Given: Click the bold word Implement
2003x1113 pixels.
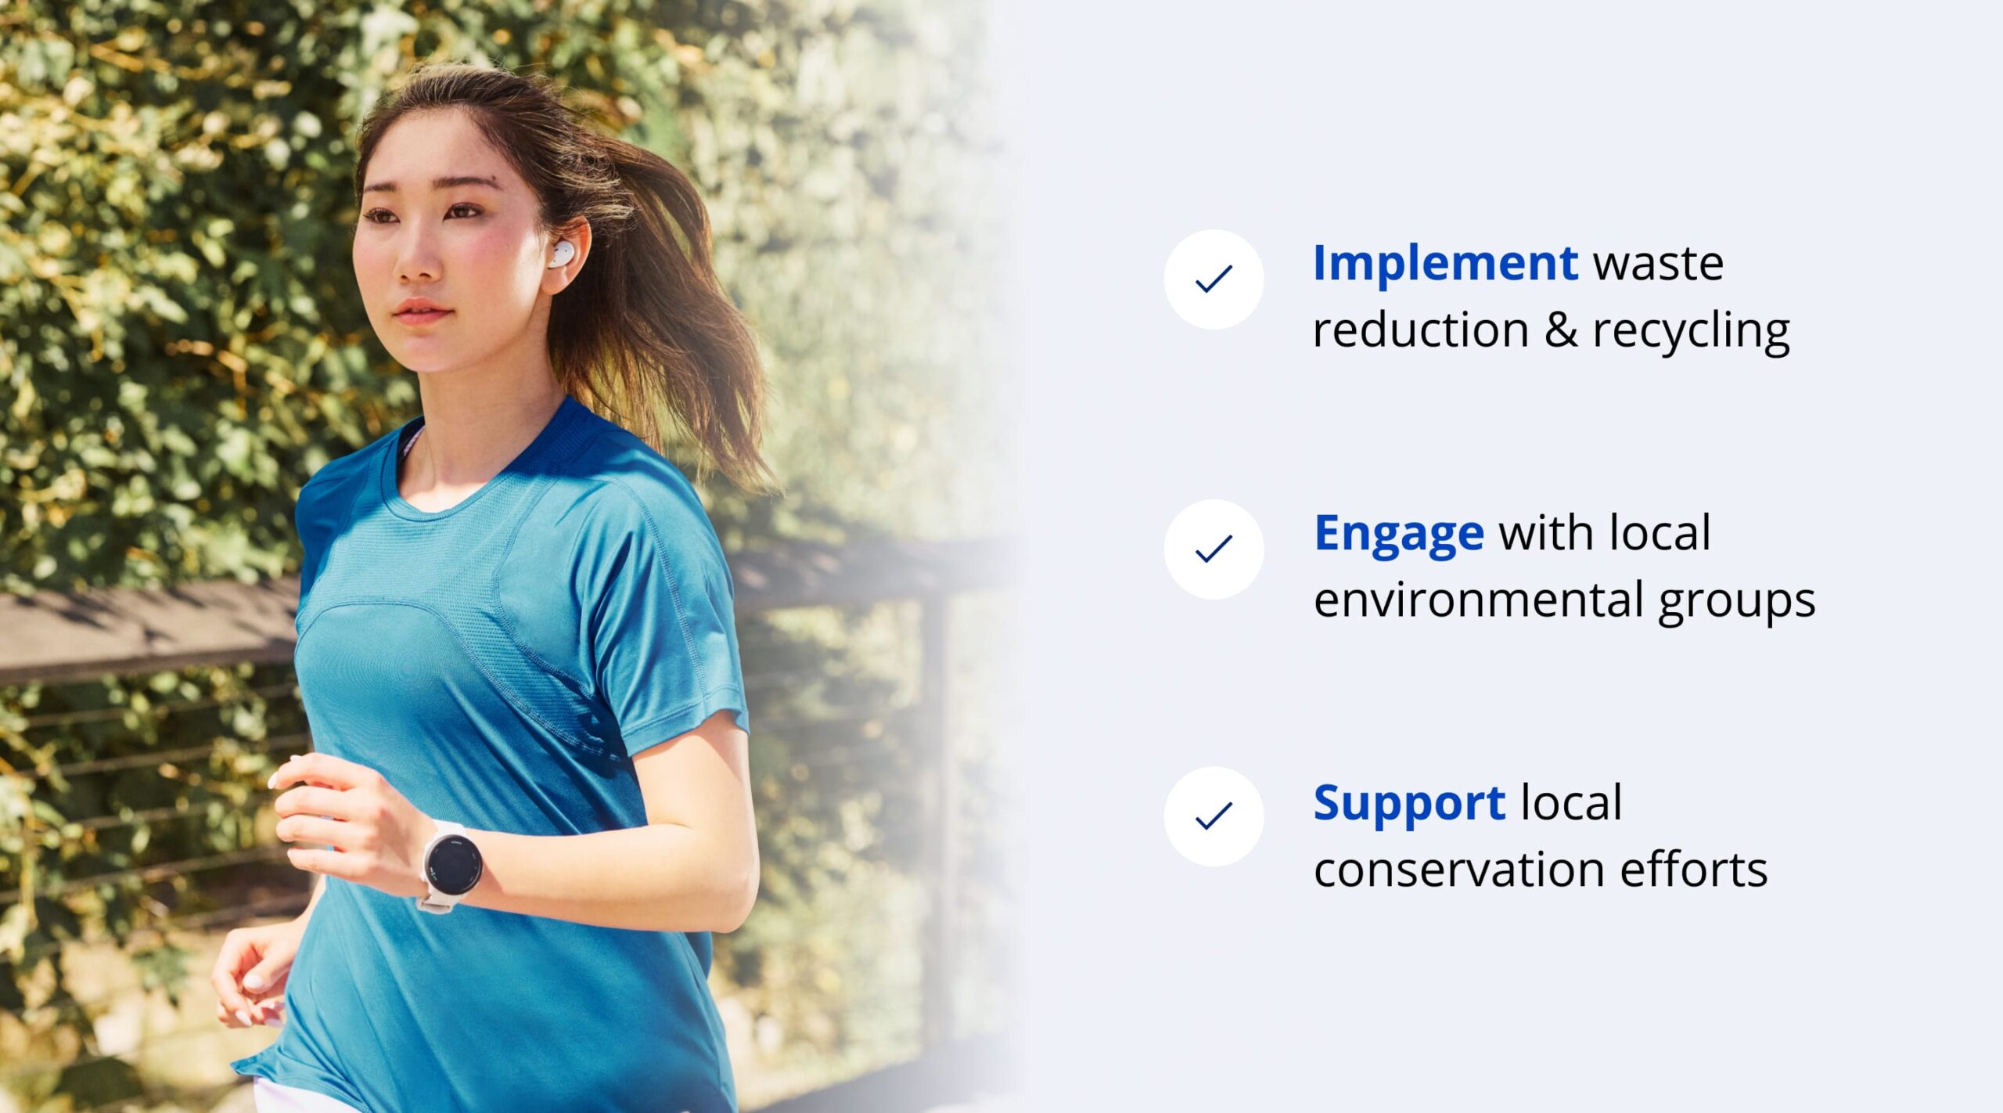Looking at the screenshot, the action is pyautogui.click(x=1445, y=265).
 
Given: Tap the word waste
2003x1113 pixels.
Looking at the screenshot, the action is pyautogui.click(x=1658, y=265).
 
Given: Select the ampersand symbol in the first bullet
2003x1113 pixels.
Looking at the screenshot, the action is pyautogui.click(x=1561, y=330).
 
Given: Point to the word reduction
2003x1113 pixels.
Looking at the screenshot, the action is pyautogui.click(x=1421, y=330).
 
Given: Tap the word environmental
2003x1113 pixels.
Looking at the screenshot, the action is pyautogui.click(x=1478, y=600).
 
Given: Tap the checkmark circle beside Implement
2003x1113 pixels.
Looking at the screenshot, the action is pyautogui.click(x=1214, y=279).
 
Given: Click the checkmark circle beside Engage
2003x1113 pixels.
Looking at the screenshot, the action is pyautogui.click(x=1214, y=549).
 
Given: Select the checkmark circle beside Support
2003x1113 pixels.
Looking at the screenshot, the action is pyautogui.click(x=1214, y=816).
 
